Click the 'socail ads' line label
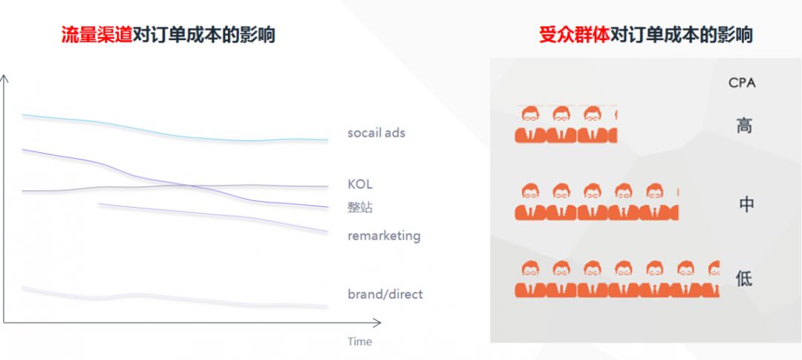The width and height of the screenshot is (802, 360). coord(376,133)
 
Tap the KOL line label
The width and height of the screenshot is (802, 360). coord(359,184)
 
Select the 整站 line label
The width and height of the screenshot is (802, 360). coord(360,207)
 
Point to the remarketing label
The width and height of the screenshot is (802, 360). coord(383,235)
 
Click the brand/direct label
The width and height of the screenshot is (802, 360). coord(385,294)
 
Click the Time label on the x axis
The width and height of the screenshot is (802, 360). coord(359,341)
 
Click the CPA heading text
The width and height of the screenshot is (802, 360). coord(742,82)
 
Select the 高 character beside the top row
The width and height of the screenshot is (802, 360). coord(744,125)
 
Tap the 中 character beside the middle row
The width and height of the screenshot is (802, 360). coord(746,204)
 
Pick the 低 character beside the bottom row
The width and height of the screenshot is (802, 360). coord(744,279)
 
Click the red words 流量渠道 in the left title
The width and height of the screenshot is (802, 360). coord(96,35)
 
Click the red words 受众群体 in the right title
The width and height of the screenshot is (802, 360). coord(574,35)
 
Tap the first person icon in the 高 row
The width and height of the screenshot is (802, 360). coord(530,124)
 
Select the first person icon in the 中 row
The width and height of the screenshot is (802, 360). coord(530,202)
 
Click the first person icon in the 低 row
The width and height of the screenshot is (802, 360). coord(530,279)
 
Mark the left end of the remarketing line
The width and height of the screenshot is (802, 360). coord(100,204)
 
